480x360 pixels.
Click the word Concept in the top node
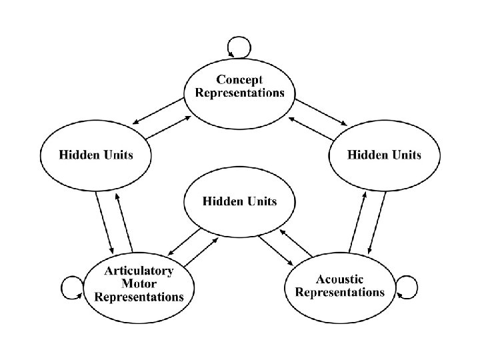(239, 80)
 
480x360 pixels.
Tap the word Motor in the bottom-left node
(139, 283)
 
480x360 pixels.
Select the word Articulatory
(139, 271)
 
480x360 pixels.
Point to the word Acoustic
(339, 279)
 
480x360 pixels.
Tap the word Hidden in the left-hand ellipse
(78, 155)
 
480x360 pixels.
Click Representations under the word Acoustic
(339, 292)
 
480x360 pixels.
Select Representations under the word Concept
(239, 93)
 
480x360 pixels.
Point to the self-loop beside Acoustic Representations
(407, 287)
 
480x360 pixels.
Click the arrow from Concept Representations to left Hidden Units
(157, 110)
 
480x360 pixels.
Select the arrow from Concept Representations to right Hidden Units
(322, 111)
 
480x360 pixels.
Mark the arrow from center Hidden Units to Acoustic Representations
(276, 248)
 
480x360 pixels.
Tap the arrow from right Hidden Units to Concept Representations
(311, 128)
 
